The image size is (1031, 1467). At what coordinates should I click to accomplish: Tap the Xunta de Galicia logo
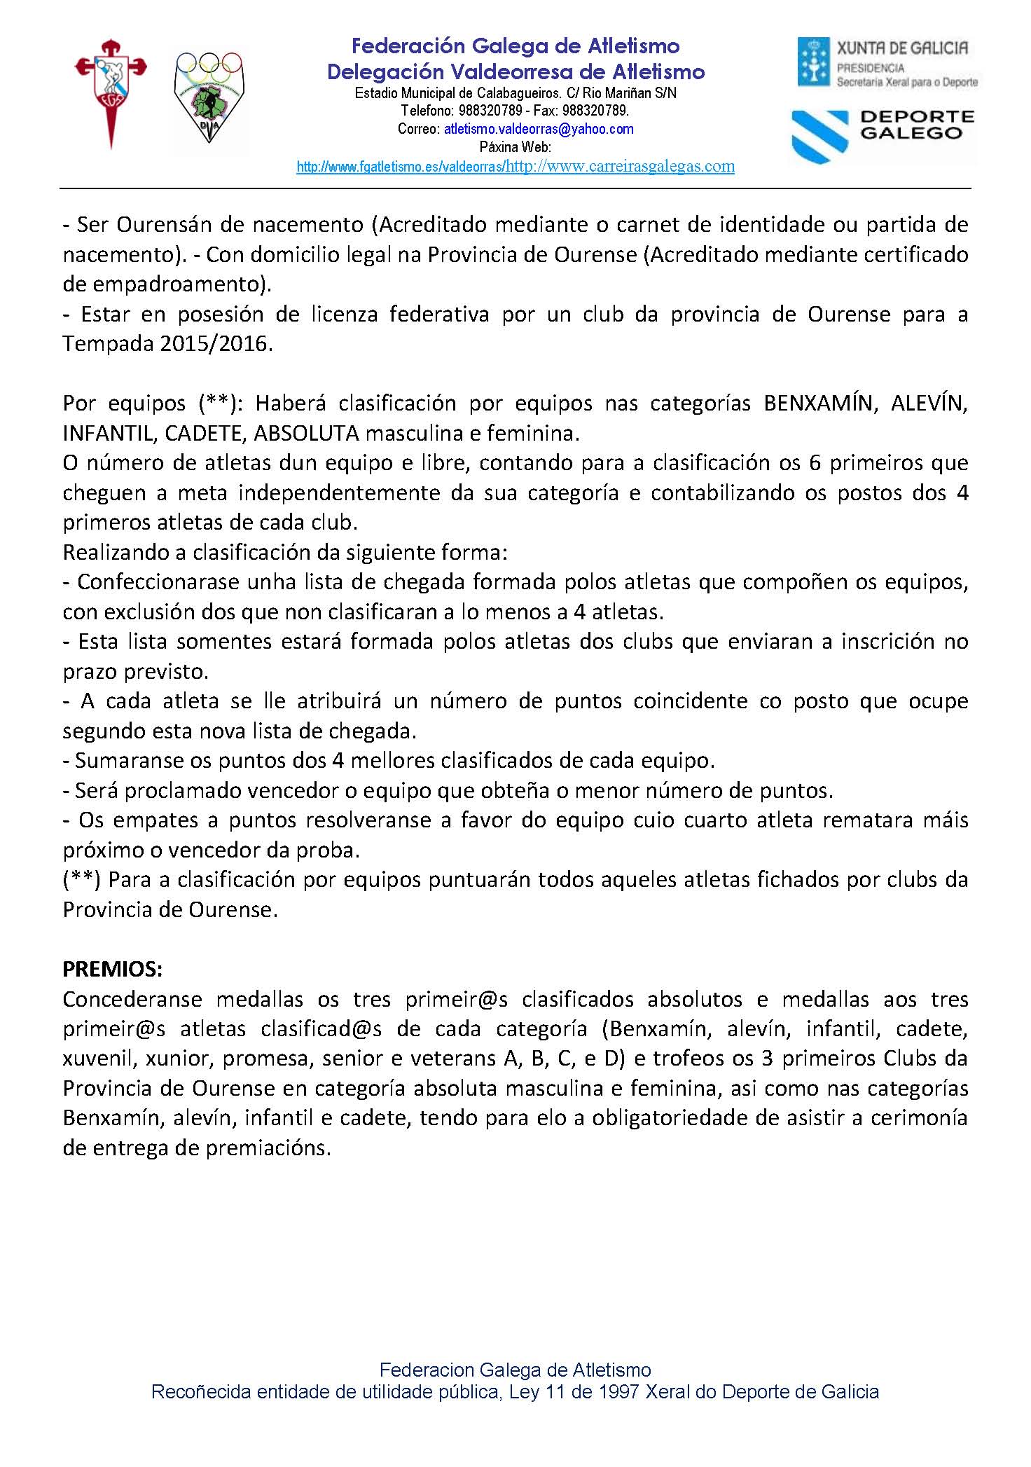(x=887, y=64)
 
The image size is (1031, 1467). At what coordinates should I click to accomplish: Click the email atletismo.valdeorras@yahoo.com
(x=539, y=129)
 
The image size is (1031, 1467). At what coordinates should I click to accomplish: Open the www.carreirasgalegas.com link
(x=620, y=167)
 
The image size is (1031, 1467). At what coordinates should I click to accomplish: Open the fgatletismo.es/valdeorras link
(x=400, y=167)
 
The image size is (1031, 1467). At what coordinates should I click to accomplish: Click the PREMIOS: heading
(x=113, y=969)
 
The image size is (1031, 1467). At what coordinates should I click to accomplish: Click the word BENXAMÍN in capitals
(x=819, y=404)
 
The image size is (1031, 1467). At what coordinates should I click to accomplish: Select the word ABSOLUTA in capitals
(x=306, y=434)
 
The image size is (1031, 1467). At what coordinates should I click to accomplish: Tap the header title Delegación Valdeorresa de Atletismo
(x=515, y=71)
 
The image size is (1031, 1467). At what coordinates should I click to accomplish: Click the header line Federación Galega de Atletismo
(x=515, y=46)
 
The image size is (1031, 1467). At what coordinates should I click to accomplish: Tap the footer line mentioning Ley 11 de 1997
(x=515, y=1392)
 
